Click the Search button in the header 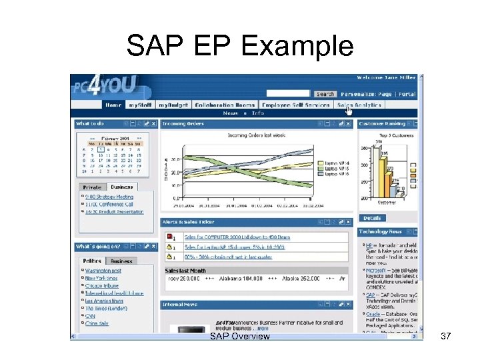tap(325, 94)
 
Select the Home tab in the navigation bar tap(113, 105)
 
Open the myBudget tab tap(173, 105)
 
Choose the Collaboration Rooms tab tap(225, 105)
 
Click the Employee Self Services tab tap(296, 105)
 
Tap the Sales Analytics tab tap(359, 105)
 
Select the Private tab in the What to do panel tap(93, 187)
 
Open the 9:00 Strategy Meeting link tap(109, 197)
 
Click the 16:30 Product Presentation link tap(114, 212)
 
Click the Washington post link tap(103, 271)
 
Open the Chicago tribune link tap(102, 285)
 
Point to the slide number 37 tap(446, 337)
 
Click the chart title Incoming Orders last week tap(257, 135)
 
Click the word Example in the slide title tap(297, 46)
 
